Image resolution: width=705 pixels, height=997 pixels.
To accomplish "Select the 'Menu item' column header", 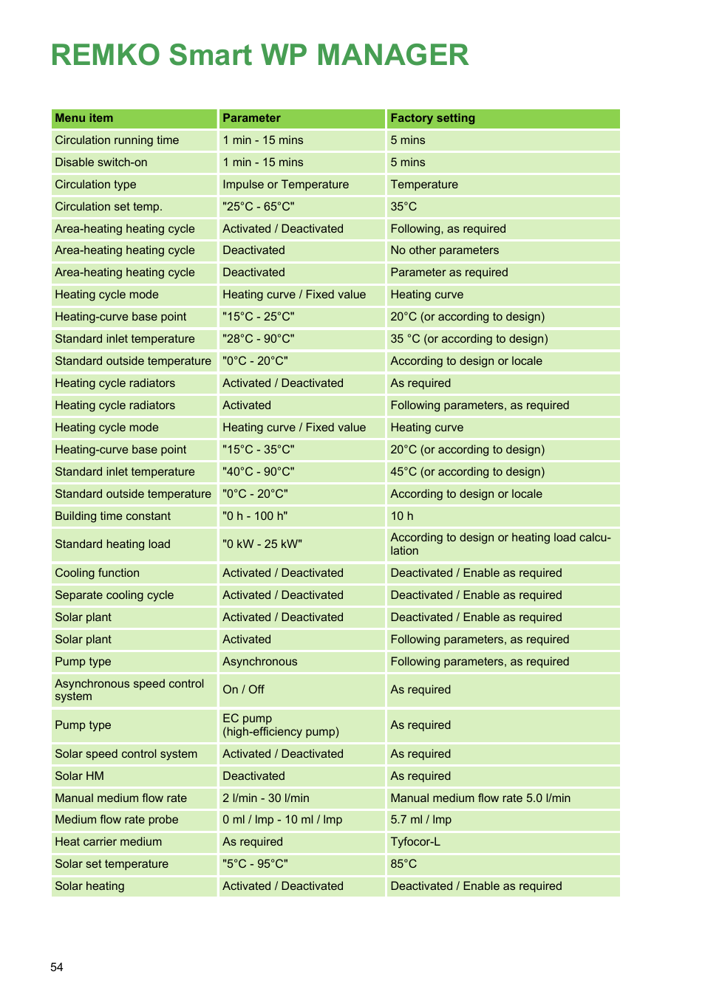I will pyautogui.click(x=84, y=118).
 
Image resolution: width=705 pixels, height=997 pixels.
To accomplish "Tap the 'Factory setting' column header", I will pyautogui.click(x=432, y=118).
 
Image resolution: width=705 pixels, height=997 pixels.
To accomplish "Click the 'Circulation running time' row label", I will pyautogui.click(x=117, y=140).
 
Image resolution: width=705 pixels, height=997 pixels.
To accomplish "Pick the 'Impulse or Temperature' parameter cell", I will pyautogui.click(x=285, y=185).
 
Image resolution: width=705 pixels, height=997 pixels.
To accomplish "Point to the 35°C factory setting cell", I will pyautogui.click(x=403, y=207).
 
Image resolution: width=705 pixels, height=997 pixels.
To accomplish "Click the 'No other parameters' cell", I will pyautogui.click(x=444, y=250).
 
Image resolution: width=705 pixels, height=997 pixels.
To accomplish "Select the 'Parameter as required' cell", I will pyautogui.click(x=449, y=273).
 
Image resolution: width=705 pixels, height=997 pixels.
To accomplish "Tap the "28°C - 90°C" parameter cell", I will pyautogui.click(x=259, y=339).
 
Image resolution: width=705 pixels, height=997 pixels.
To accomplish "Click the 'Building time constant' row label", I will pyautogui.click(x=112, y=516).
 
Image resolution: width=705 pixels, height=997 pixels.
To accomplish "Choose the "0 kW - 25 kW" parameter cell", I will pyautogui.click(x=262, y=544).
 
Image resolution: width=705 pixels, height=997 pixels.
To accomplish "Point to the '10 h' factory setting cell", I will pyautogui.click(x=402, y=516).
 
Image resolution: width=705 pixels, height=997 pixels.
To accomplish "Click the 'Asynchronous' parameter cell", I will pyautogui.click(x=259, y=662).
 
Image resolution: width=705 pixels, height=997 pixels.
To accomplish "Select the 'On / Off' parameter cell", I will pyautogui.click(x=243, y=690).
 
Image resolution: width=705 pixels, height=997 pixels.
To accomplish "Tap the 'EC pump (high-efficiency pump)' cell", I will pyautogui.click(x=280, y=725).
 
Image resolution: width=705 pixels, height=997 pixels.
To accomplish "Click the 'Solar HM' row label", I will pyautogui.click(x=79, y=776).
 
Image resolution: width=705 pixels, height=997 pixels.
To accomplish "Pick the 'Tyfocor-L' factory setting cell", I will pyautogui.click(x=415, y=842).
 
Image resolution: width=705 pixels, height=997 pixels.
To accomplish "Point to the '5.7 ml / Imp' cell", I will pyautogui.click(x=420, y=820).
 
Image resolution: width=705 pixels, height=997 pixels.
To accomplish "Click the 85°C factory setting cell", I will pyautogui.click(x=403, y=864).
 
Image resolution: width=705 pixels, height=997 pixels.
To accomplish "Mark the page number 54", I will pyautogui.click(x=57, y=967).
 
